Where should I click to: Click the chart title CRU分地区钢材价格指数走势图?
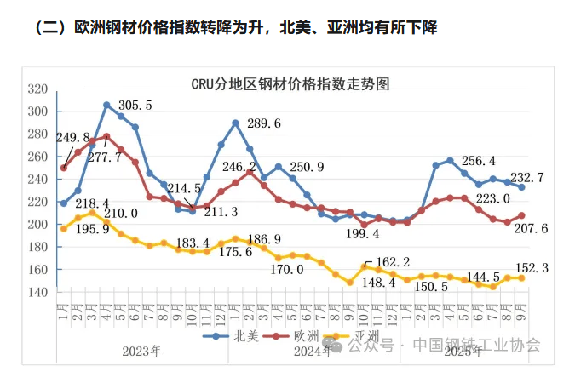coord(290,84)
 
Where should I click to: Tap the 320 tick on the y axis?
coord(37,89)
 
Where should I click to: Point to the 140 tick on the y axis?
coord(37,292)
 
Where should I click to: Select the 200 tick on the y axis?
coord(37,225)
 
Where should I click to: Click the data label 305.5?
coord(133,106)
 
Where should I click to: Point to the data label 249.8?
coord(72,138)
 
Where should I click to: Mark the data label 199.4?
coord(363,234)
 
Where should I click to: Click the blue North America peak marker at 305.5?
coord(106,105)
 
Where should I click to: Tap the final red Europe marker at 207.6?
coord(521,215)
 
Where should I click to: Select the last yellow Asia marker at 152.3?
coord(521,277)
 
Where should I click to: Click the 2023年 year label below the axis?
coord(141,350)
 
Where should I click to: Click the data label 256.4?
coord(479,161)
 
